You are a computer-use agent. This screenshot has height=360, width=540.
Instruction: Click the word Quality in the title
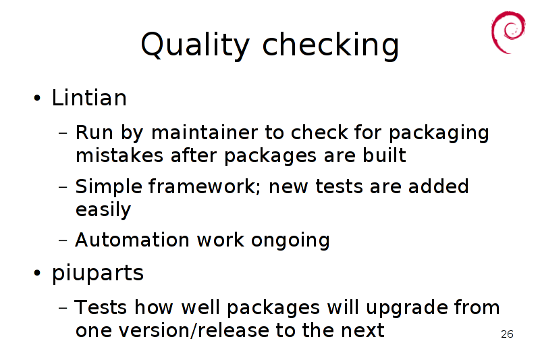point(195,45)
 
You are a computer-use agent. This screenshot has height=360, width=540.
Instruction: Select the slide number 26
point(507,334)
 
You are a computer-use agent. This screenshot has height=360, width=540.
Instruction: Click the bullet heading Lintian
point(89,97)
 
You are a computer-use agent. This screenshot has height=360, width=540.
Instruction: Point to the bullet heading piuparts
point(97,274)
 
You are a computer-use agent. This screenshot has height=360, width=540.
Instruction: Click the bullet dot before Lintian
point(37,98)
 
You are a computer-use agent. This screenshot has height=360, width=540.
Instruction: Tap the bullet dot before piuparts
point(37,273)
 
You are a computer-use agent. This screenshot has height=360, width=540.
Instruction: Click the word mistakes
point(119,155)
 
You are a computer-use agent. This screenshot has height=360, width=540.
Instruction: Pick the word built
point(384,155)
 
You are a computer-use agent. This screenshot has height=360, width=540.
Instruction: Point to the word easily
point(103,210)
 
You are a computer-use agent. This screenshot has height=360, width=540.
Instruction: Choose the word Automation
point(132,240)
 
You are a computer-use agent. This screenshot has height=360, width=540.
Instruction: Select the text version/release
point(193,331)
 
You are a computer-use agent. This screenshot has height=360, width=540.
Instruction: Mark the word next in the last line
point(362,331)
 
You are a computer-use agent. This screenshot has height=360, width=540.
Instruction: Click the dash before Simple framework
point(63,187)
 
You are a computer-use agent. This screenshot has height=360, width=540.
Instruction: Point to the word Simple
point(109,187)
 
